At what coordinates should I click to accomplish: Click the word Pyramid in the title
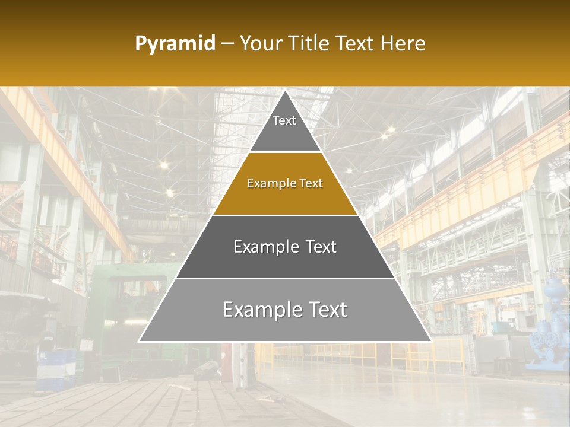tap(175, 44)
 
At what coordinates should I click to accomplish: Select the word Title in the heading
tap(310, 44)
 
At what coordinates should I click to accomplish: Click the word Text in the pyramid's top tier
tap(284, 120)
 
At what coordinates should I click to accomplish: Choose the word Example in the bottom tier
tap(259, 310)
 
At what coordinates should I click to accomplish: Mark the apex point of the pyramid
tap(285, 91)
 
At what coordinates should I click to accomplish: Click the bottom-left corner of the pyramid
tap(140, 341)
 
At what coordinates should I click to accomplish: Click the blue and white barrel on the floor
tap(56, 368)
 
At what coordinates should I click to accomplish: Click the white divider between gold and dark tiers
tap(285, 215)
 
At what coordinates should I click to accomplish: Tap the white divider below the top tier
tap(285, 152)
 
